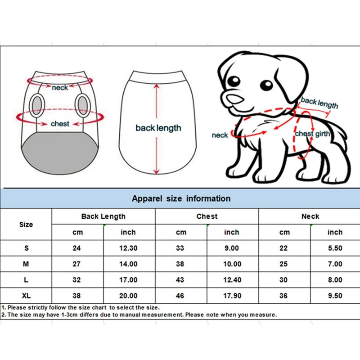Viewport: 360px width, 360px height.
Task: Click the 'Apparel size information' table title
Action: coord(181,198)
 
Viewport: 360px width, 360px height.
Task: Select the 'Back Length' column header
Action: coord(103,216)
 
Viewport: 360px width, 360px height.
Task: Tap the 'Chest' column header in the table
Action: coord(207,216)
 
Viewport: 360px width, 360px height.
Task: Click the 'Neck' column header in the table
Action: coord(310,216)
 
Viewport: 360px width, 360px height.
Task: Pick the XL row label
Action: coord(26,296)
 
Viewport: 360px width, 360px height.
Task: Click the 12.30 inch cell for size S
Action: coord(128,248)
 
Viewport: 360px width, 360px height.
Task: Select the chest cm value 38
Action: coord(180,264)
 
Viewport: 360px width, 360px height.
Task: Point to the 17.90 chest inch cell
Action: coord(232,296)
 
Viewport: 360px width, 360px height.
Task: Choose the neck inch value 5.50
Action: coord(335,248)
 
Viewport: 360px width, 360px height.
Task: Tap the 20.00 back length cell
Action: coord(128,296)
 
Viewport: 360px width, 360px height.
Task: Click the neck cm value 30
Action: coord(284,280)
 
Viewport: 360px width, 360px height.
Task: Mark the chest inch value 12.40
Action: coord(232,280)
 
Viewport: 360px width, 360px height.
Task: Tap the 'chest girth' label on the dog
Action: coord(312,134)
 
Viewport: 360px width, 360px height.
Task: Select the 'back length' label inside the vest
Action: coord(158,128)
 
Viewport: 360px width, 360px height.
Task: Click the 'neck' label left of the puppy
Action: coord(220,135)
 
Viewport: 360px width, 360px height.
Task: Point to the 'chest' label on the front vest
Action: coord(60,123)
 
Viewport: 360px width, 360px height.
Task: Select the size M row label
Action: coord(26,264)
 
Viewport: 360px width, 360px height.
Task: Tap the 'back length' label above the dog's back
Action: coord(319,103)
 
